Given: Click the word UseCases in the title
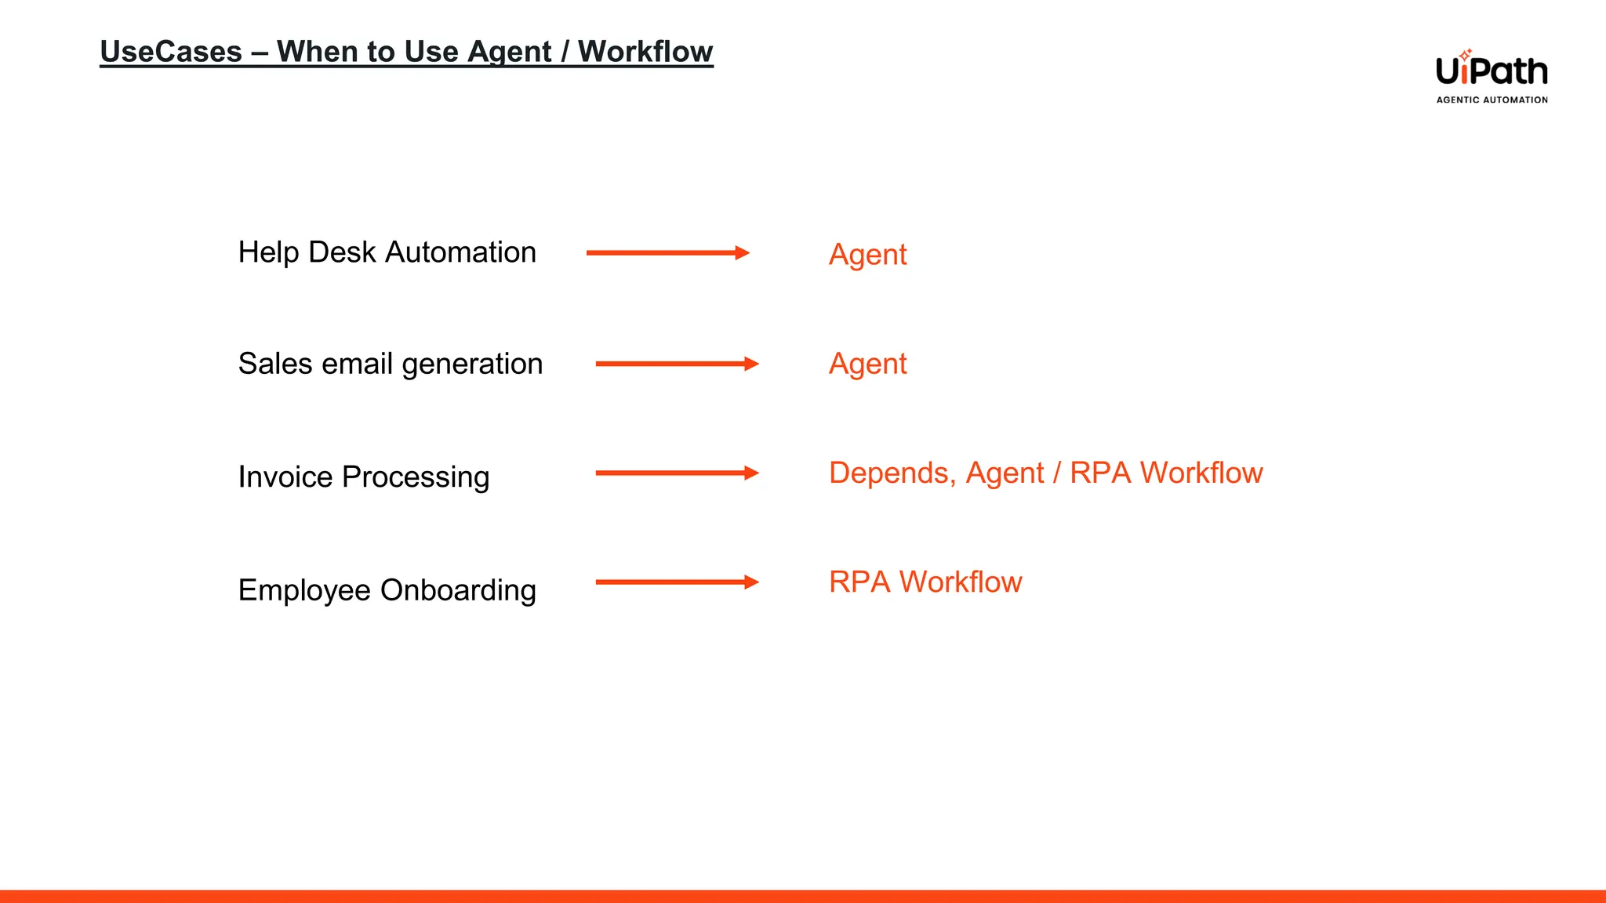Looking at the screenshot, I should click(x=171, y=52).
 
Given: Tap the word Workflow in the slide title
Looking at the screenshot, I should click(x=645, y=52).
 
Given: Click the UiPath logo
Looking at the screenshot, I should click(x=1492, y=71).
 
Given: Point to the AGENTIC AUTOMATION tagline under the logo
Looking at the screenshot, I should click(x=1492, y=100).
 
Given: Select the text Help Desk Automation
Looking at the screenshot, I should click(x=387, y=252).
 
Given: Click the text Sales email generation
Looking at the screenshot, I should click(x=390, y=364).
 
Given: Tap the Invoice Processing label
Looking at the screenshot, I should click(x=363, y=477).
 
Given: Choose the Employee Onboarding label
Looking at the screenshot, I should click(x=387, y=590).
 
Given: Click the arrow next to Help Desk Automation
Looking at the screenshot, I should click(x=668, y=252).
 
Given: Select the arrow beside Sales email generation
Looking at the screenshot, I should click(x=677, y=364).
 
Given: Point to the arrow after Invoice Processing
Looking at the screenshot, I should click(x=677, y=473).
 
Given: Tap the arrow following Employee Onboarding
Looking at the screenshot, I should click(x=677, y=582).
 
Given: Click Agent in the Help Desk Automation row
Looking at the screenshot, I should click(x=867, y=255).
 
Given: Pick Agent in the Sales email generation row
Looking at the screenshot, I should click(x=867, y=364).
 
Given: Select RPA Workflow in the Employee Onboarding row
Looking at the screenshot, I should click(x=925, y=582).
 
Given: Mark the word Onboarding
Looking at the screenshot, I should click(x=458, y=590).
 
